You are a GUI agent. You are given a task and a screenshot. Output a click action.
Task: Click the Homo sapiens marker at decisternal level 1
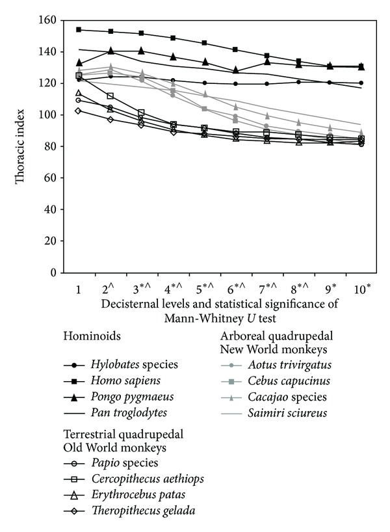pyautogui.click(x=79, y=29)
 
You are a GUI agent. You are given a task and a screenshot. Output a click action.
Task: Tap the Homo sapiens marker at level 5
pyautogui.click(x=205, y=43)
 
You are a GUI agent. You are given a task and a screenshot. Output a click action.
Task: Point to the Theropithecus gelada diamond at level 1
pyautogui.click(x=79, y=111)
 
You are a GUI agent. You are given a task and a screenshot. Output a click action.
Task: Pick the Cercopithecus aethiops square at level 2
pyautogui.click(x=110, y=96)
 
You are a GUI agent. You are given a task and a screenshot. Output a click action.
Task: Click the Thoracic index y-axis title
pyautogui.click(x=23, y=147)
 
